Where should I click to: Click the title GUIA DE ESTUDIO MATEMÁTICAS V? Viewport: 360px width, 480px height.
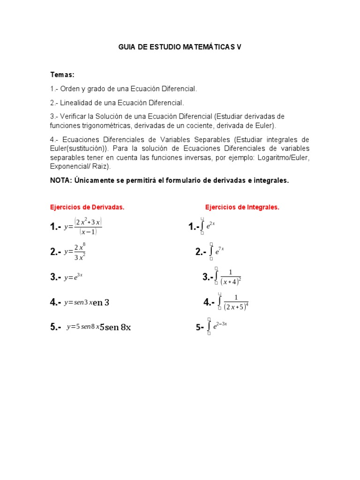click(180, 47)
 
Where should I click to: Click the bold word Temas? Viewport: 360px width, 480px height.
click(62, 75)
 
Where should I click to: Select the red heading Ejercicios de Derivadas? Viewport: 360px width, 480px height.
click(87, 207)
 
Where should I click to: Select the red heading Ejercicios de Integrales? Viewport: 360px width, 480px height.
click(242, 207)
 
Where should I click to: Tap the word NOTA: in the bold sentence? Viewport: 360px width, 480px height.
click(60, 180)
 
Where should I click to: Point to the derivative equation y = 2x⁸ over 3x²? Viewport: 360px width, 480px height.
click(75, 252)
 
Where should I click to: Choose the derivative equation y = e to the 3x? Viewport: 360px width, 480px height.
click(74, 277)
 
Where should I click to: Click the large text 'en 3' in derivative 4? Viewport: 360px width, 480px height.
click(101, 303)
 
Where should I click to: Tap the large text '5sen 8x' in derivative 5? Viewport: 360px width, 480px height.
click(115, 328)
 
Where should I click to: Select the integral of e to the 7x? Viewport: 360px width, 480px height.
click(217, 252)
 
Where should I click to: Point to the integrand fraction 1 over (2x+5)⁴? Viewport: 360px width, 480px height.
click(236, 302)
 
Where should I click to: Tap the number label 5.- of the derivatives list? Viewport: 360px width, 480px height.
click(56, 328)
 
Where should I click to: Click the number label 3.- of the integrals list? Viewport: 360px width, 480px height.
click(208, 277)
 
